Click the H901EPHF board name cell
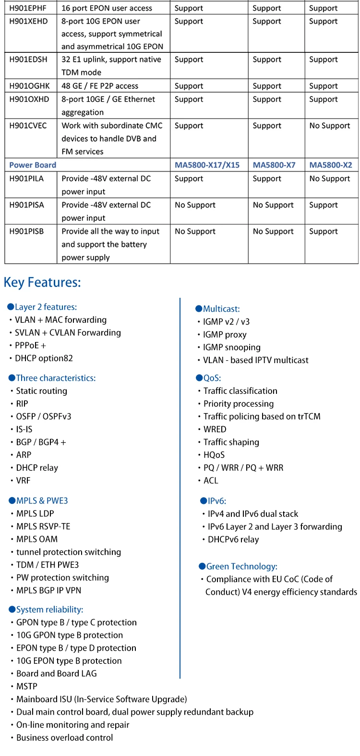[28, 8]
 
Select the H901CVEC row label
[28, 126]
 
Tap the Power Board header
[33, 165]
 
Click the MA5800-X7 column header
[274, 165]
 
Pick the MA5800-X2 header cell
[331, 165]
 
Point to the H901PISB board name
[26, 232]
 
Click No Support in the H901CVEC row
[330, 126]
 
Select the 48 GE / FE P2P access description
[100, 86]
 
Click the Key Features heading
[42, 282]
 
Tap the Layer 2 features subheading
[46, 307]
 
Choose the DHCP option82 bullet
[44, 358]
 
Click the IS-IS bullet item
[24, 429]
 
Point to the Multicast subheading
[221, 309]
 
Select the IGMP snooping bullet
[231, 347]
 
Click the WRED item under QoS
[215, 429]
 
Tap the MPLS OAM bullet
[37, 539]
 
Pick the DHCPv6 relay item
[233, 539]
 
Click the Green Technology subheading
[241, 567]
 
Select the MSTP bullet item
[27, 687]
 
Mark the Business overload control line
[64, 738]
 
